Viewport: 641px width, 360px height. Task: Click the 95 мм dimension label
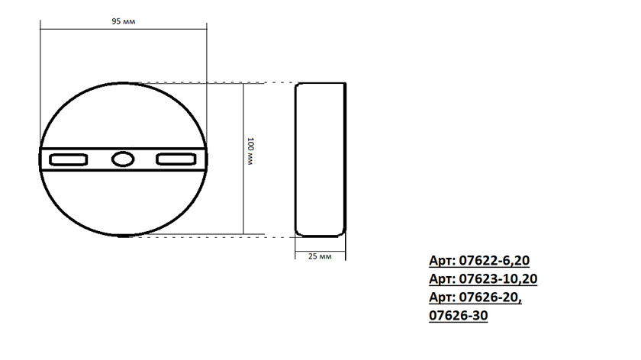click(123, 21)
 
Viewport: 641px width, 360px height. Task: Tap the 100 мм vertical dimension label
click(250, 151)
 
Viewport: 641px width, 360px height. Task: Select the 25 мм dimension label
click(320, 256)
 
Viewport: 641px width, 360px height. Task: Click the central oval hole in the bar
click(123, 159)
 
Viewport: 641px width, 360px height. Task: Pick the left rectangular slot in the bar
click(68, 159)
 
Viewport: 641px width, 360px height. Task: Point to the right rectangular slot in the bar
click(176, 159)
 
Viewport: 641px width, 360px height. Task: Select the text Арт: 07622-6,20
click(479, 261)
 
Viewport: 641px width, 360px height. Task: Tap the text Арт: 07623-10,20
click(483, 279)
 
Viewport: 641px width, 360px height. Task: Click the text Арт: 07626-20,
click(475, 297)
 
